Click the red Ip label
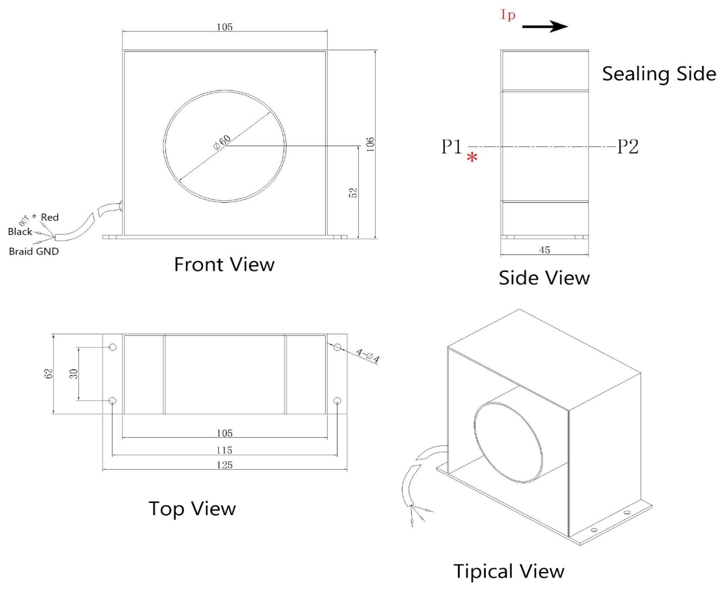point(508,15)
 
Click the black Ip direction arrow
point(545,27)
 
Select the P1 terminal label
point(451,147)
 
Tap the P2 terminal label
point(627,147)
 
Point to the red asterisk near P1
point(472,157)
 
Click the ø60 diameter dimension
point(222,142)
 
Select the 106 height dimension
point(370,144)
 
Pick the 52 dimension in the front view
point(353,193)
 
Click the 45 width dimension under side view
point(545,250)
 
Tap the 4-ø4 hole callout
point(367,356)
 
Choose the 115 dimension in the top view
point(225,450)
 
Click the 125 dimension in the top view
point(225,465)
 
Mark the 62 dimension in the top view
point(48,374)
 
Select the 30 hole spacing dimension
point(74,374)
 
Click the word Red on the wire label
point(50,217)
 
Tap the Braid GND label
point(34,252)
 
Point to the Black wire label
point(20,232)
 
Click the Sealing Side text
point(658,74)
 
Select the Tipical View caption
point(508,571)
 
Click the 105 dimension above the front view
point(225,27)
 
